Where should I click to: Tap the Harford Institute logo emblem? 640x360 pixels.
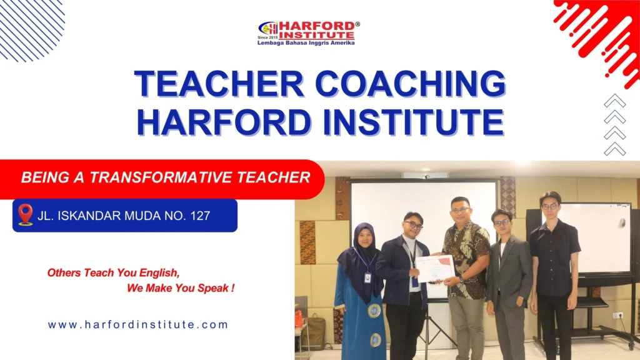tap(268, 29)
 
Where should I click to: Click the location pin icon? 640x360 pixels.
tap(26, 214)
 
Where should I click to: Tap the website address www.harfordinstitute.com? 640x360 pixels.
tap(138, 325)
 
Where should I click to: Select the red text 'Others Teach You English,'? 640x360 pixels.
tap(113, 273)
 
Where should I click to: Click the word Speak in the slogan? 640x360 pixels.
tap(213, 289)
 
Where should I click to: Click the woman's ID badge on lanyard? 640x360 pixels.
tap(367, 276)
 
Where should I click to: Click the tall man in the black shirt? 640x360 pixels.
tap(552, 262)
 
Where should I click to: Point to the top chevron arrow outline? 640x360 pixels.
tap(615, 101)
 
